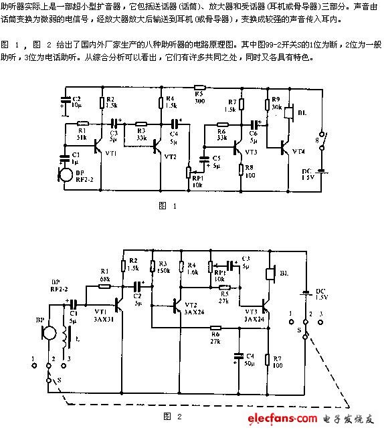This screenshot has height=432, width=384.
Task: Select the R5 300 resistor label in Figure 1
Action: click(x=199, y=97)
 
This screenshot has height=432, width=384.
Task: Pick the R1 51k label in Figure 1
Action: click(x=82, y=134)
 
